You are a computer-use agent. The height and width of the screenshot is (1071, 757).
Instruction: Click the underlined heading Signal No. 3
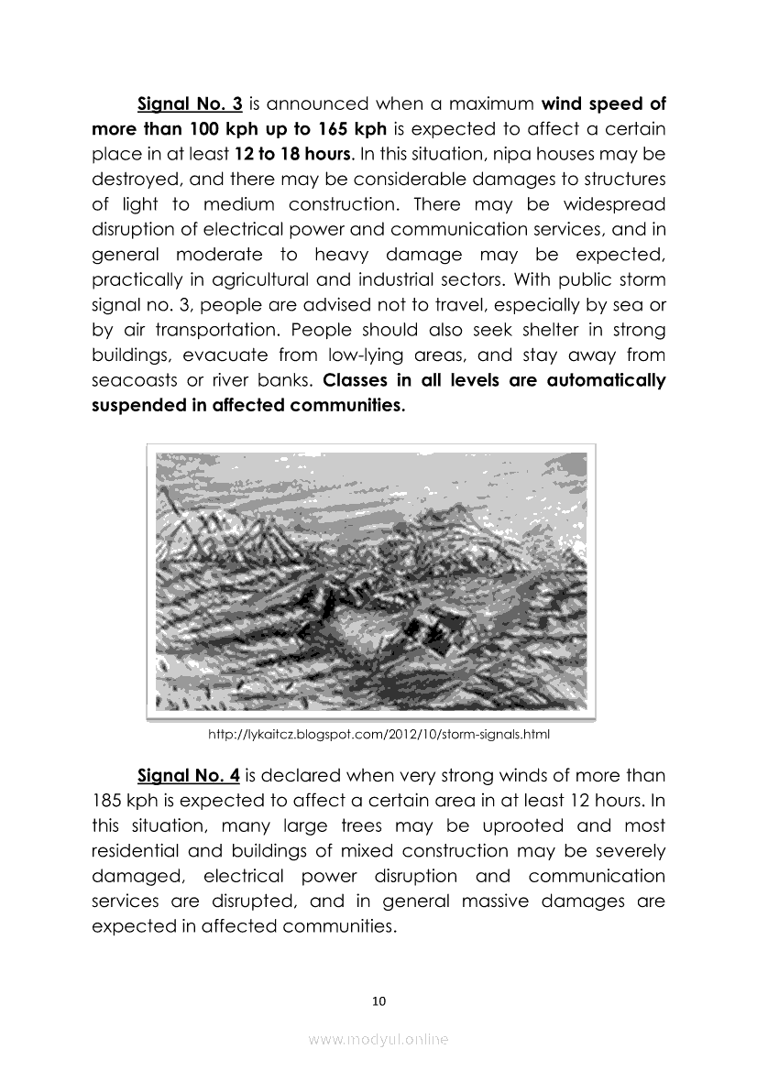[189, 104]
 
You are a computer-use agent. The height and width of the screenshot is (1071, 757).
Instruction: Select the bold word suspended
[138, 405]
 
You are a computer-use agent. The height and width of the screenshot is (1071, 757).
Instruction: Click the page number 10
[378, 1001]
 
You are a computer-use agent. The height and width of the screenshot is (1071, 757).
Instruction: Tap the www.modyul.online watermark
[378, 1040]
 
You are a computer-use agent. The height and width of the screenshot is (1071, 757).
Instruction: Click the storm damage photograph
[371, 582]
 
